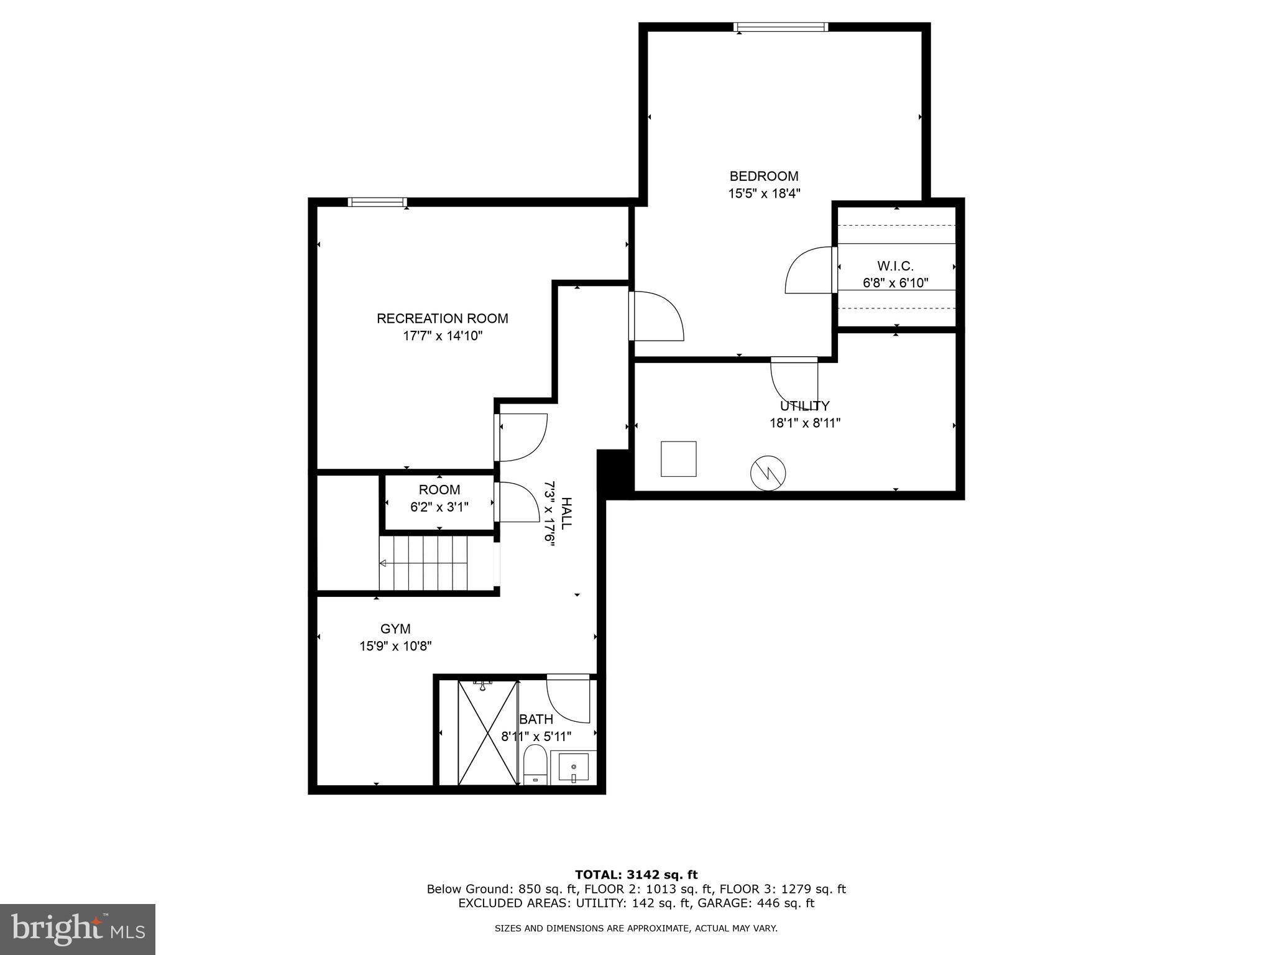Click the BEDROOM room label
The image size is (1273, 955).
[x=764, y=177]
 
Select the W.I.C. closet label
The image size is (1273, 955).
[x=895, y=266]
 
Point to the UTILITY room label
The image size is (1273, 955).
[x=804, y=406]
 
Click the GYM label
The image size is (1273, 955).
[x=395, y=629]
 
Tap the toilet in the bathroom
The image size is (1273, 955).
[x=535, y=766]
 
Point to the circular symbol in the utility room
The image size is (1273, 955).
[x=768, y=473]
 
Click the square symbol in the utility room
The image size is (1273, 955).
[x=678, y=459]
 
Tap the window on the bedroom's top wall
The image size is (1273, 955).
[x=781, y=27]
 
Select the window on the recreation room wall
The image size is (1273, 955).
[x=377, y=202]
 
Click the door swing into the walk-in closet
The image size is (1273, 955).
[x=808, y=271]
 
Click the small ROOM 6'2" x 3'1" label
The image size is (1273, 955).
[x=439, y=498]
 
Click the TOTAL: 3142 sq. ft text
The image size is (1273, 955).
[x=636, y=875]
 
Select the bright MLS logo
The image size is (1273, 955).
[x=77, y=929]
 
